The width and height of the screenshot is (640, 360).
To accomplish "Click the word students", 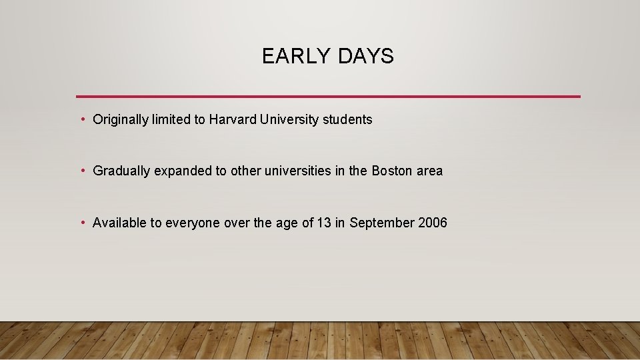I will pos(347,119).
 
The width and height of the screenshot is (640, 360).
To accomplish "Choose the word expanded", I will pos(184,171).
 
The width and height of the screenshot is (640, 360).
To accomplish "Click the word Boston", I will pos(392,171).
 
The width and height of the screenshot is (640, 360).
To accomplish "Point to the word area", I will pos(429,171).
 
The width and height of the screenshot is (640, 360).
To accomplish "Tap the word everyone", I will pos(193,223).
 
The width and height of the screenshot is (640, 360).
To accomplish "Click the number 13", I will pos(324,223).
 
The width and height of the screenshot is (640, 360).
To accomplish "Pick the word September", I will pos(382,223).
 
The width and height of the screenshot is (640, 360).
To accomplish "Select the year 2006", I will pos(433,223).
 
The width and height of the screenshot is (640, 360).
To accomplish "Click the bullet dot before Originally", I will pos(82,120).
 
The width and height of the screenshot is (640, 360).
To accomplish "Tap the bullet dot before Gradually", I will pos(82,171).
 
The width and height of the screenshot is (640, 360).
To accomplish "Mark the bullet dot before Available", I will pos(82,223).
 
